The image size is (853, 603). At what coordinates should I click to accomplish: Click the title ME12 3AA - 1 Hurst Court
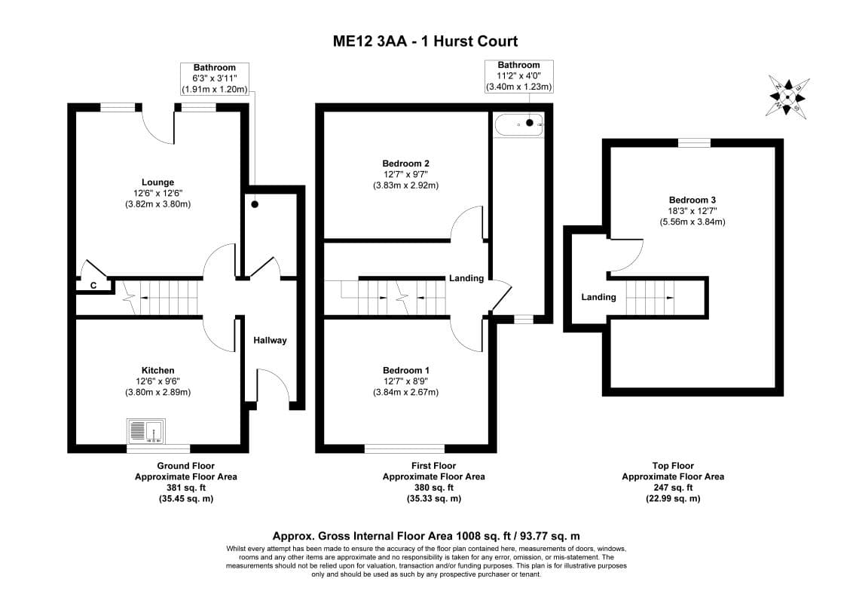click(x=426, y=41)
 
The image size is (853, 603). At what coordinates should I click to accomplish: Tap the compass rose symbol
click(x=787, y=97)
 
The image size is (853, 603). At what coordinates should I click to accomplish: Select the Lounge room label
click(x=157, y=182)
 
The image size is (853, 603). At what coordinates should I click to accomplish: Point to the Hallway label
click(x=270, y=341)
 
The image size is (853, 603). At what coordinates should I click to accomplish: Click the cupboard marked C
click(x=93, y=286)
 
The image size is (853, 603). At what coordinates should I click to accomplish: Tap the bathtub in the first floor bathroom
click(x=518, y=122)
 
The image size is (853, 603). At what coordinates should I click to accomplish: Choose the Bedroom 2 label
click(x=405, y=164)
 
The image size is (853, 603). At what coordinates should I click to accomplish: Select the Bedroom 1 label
click(x=405, y=370)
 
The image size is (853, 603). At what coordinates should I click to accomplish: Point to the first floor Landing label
click(x=466, y=278)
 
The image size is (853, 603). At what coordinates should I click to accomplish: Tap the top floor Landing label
click(x=598, y=297)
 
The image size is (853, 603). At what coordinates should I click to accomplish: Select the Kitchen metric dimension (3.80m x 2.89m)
click(x=157, y=392)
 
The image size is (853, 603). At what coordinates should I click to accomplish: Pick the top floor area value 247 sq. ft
click(x=672, y=488)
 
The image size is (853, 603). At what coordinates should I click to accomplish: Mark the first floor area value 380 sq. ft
click(x=433, y=488)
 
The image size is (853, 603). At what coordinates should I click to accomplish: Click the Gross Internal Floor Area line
click(x=426, y=535)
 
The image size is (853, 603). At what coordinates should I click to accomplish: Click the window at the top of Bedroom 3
click(x=693, y=142)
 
